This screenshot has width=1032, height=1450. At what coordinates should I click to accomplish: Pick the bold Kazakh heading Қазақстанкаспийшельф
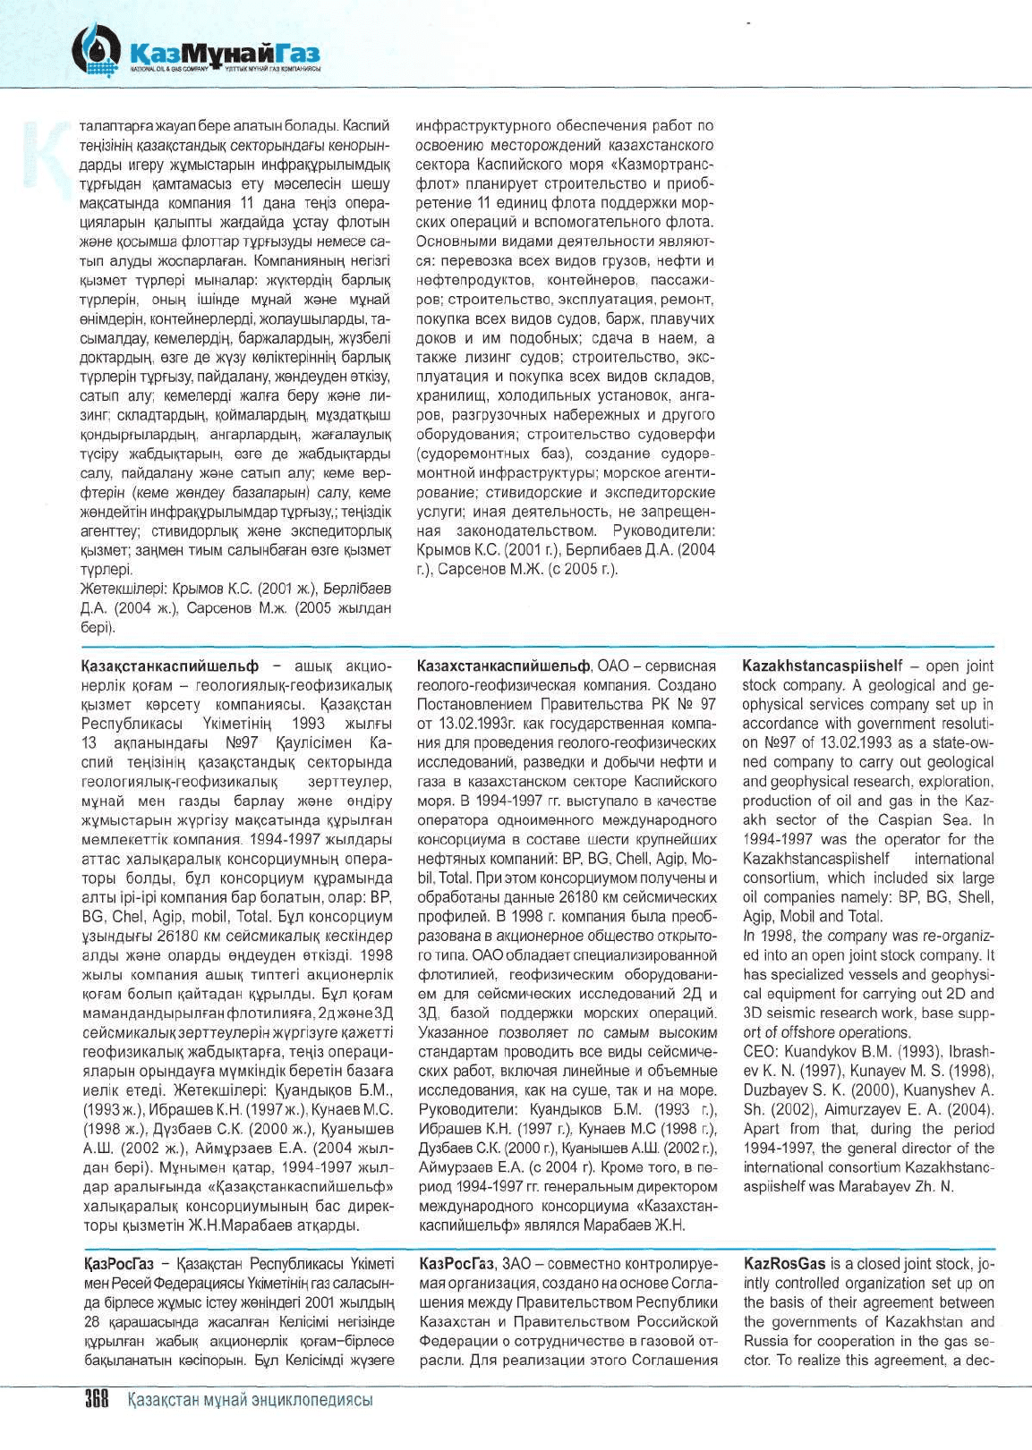170,666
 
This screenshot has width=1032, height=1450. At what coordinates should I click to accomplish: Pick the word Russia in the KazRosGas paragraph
763,1341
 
